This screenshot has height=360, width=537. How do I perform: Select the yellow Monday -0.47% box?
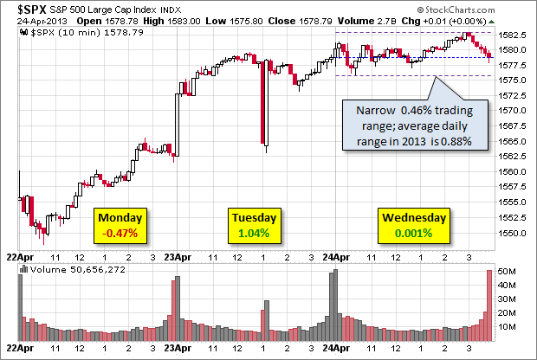(120, 225)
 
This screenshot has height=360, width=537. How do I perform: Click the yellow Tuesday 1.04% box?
(255, 225)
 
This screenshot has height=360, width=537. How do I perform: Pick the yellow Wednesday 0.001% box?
(413, 225)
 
